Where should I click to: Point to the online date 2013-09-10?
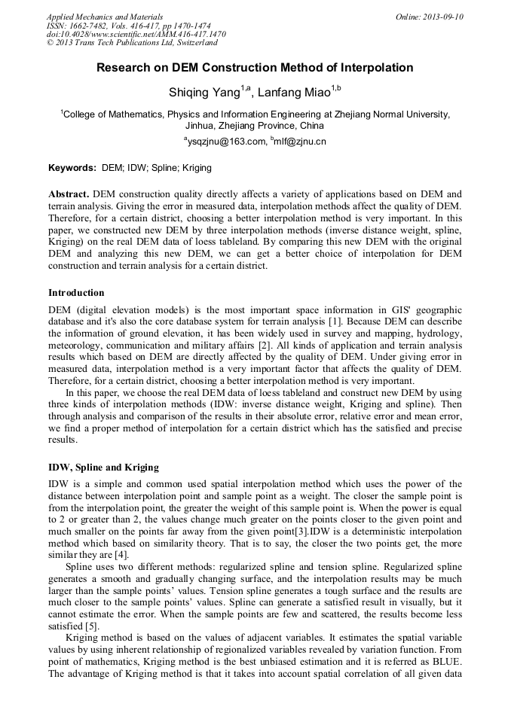[437, 17]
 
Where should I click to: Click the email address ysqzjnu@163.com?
[226, 142]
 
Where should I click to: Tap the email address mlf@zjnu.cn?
[301, 142]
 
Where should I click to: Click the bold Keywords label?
[72, 168]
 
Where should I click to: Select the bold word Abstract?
[69, 193]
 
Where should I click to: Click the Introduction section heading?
[76, 293]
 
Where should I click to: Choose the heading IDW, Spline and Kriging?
[103, 468]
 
